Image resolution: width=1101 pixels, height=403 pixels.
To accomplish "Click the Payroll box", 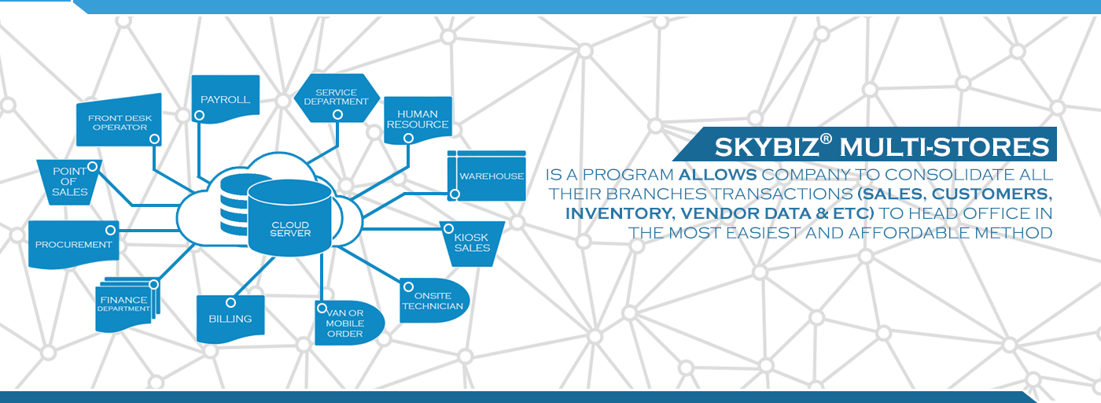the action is coord(226,98).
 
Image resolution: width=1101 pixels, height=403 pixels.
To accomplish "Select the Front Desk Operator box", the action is coord(120,120).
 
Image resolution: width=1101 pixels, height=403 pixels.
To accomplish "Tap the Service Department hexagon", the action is coord(337,98).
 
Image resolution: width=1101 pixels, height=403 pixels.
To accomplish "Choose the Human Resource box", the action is coord(418,120).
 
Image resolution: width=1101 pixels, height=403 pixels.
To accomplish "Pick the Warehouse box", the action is coord(487,176).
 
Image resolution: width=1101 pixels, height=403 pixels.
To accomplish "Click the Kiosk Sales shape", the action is coord(472,244).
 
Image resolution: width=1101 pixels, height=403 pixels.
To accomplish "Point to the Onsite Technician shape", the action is coord(434,301).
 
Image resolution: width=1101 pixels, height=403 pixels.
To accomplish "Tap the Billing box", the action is coord(230,318).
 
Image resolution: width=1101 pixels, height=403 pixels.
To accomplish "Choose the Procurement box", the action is coord(74,245).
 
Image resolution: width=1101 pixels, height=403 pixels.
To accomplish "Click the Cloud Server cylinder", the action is coord(289,217).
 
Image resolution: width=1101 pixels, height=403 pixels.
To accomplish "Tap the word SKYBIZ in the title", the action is coord(767,146).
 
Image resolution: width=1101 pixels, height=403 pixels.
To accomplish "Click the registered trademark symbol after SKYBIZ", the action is coord(827,139).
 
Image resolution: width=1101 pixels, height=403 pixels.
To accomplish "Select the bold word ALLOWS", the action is coord(717,175).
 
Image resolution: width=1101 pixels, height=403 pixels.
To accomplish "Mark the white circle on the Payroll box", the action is coord(199,115).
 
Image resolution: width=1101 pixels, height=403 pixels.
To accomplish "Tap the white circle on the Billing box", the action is coord(230,302).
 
